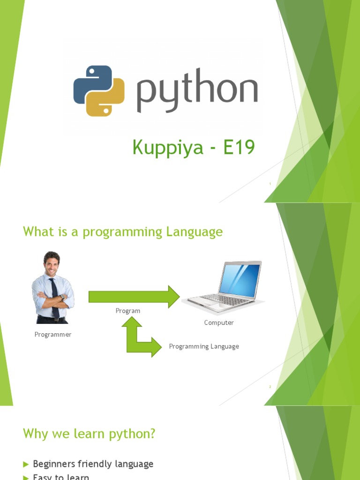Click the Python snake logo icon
click(99, 90)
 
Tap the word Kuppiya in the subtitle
click(168, 148)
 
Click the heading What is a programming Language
click(123, 232)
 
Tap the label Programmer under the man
click(53, 334)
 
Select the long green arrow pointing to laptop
click(134, 297)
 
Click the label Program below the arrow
click(128, 311)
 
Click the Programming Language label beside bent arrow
click(204, 346)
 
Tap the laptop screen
click(240, 280)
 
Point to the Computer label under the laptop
click(219, 322)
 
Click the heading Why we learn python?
click(89, 434)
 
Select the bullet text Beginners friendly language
click(93, 464)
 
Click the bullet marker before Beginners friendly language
click(26, 464)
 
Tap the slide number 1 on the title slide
click(270, 184)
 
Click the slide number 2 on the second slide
click(270, 387)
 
